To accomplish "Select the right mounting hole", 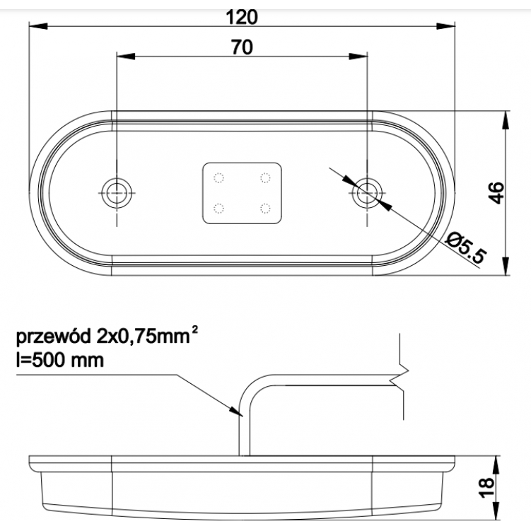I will [367, 189].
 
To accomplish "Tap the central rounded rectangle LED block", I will [242, 193].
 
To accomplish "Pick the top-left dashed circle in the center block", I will [218, 177].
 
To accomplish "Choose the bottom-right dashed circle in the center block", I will [266, 208].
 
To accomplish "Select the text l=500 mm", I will [59, 361].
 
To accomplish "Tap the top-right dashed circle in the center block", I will [266, 177].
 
